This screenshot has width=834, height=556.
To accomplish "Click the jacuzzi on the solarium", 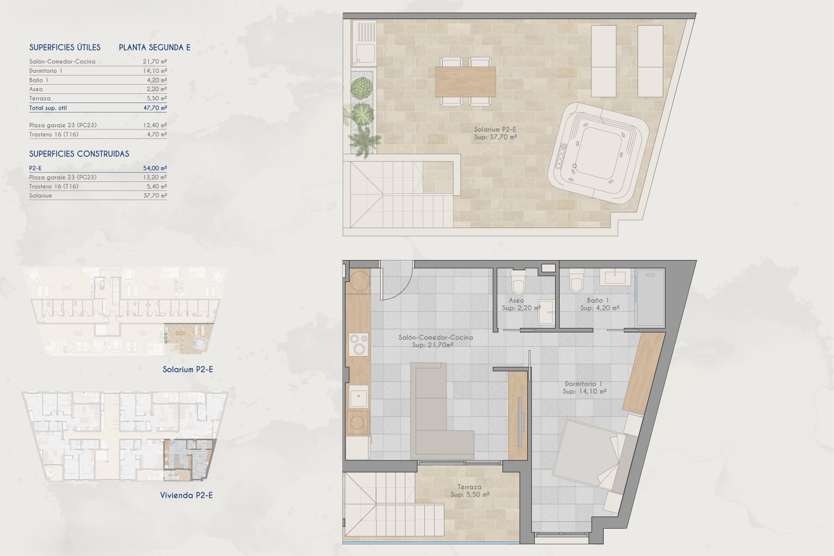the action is coord(598,153).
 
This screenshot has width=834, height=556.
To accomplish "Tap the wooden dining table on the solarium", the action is coord(465,82).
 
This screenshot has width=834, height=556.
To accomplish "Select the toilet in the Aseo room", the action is coord(518,282).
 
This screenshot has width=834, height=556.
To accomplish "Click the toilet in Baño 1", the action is coord(576,281).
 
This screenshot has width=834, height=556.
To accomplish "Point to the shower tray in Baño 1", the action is coord(650,298).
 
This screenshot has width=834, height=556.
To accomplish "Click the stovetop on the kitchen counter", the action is coord(358,344).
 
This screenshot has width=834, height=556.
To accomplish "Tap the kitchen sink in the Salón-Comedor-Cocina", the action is coord(359,396).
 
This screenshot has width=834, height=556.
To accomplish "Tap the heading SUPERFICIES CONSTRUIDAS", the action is coord(79,154).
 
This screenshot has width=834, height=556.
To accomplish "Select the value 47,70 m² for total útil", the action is coord(155,108).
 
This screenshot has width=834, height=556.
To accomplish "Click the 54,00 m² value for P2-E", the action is coord(155,168).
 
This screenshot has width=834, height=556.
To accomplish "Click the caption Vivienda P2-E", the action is coord(186,495).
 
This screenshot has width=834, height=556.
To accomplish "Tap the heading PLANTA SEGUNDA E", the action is coord(155,47).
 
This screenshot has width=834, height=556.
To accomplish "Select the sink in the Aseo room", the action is coord(546,312).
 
